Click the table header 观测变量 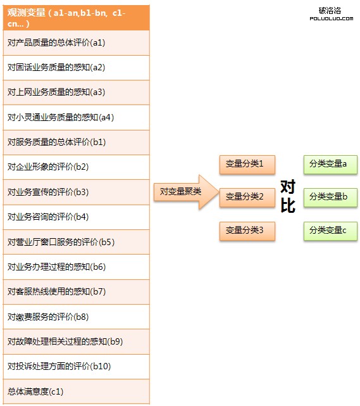77,18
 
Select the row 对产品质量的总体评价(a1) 77,42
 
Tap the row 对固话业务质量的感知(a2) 77,68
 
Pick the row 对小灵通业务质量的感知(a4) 77,118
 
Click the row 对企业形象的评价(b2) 77,167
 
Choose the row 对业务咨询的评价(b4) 77,217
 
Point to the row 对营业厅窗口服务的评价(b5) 77,242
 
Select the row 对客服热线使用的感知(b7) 77,292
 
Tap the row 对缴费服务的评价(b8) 77,317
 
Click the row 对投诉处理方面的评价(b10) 77,367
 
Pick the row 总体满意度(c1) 77,391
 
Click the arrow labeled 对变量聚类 186,192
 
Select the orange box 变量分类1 247,165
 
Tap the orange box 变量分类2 247,198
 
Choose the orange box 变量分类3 247,231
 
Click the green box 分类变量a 330,165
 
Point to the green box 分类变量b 330,198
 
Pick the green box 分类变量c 330,231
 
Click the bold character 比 288,206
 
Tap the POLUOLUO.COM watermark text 332,18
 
